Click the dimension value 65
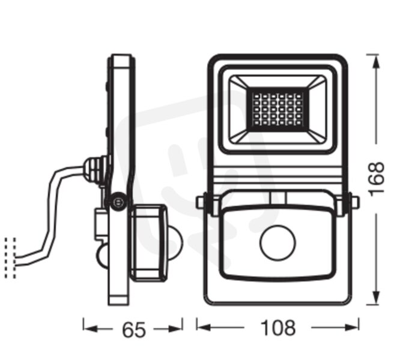pyautogui.click(x=132, y=329)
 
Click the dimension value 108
pyautogui.click(x=279, y=328)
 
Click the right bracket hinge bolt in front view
pyautogui.click(x=354, y=203)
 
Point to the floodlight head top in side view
pyautogui.click(x=123, y=60)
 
